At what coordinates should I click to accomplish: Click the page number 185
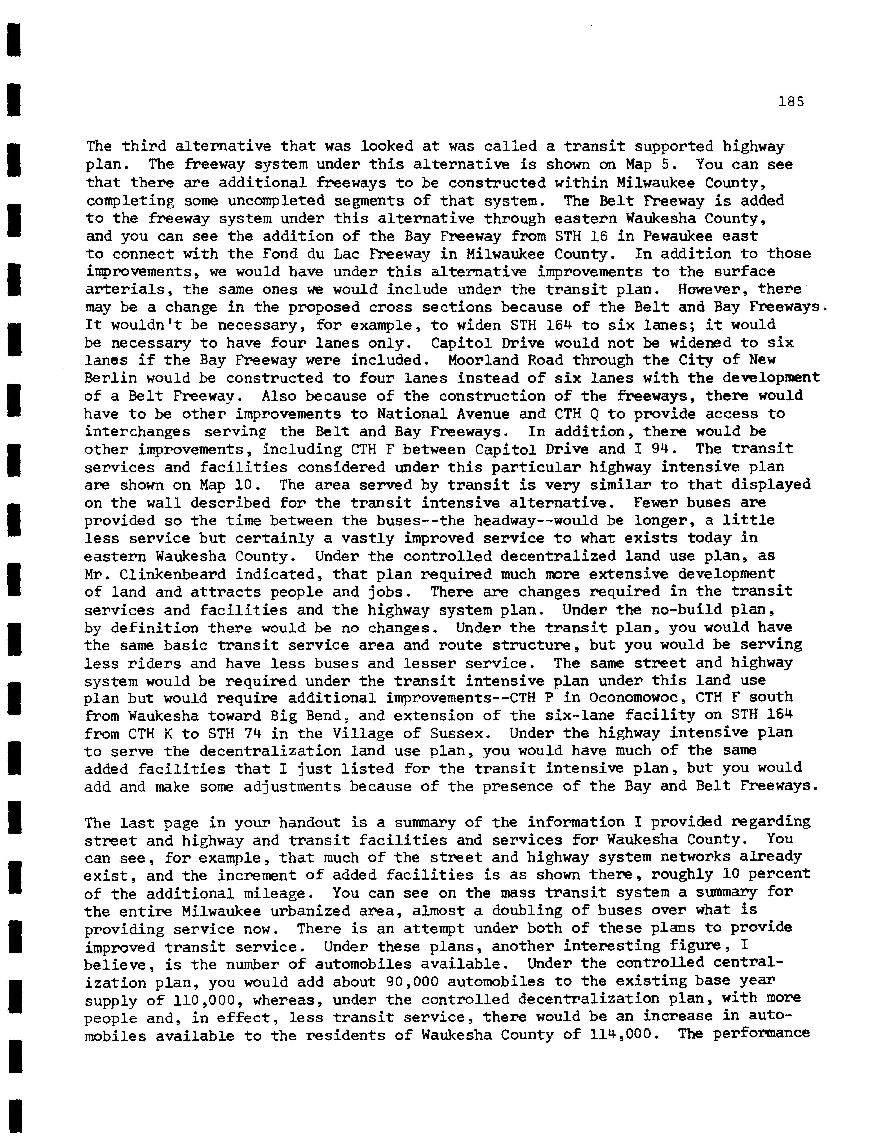click(791, 102)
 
